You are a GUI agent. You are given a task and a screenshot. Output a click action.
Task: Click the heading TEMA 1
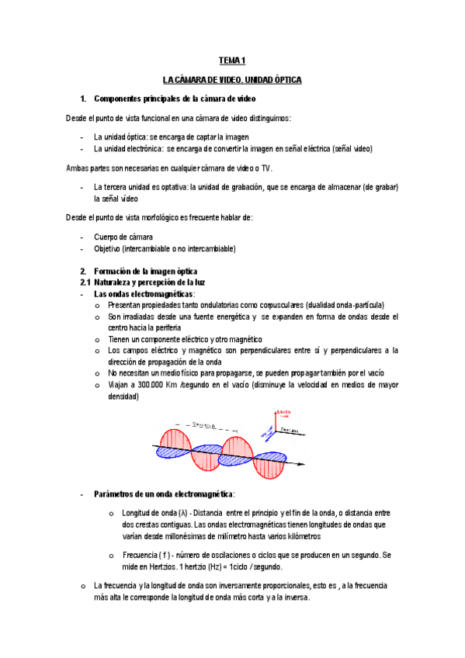coord(231,60)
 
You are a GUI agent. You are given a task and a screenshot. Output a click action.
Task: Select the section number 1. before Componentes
coord(83,99)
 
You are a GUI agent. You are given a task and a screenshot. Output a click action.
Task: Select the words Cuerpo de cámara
coord(123,237)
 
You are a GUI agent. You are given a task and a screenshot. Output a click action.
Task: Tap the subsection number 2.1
coord(86,282)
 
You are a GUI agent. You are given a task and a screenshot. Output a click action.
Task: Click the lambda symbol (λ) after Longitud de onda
coord(182,513)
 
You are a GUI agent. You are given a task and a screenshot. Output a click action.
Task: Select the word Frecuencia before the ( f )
coord(141,555)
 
